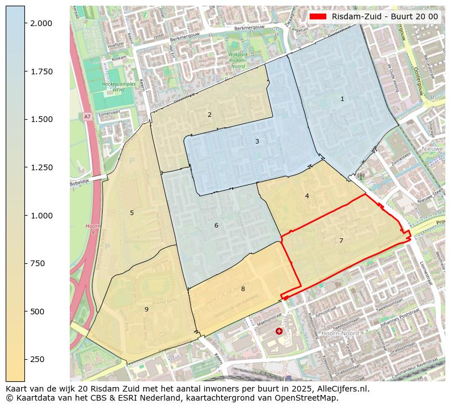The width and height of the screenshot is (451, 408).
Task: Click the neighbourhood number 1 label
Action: (x=342, y=99)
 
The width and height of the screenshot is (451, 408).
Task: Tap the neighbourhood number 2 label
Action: (x=209, y=115)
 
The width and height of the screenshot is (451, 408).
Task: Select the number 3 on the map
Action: (x=257, y=141)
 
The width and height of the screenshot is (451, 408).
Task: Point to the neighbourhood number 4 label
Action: (x=307, y=196)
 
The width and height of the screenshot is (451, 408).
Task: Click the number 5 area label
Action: (x=132, y=213)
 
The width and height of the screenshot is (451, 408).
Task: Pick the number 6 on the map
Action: (x=216, y=225)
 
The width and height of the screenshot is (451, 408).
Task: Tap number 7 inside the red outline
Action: (x=341, y=241)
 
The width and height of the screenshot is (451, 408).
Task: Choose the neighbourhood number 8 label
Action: (x=243, y=289)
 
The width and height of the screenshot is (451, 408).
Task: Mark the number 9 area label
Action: (x=146, y=309)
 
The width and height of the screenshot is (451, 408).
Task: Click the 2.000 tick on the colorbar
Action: (x=41, y=23)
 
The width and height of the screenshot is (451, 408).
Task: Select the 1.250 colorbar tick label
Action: (x=41, y=167)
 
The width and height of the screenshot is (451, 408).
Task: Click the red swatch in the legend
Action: (x=318, y=16)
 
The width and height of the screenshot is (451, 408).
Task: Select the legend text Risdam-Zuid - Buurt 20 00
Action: (x=385, y=16)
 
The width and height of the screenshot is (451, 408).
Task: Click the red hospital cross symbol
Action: (x=279, y=331)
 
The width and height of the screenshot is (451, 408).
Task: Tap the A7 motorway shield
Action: (x=87, y=116)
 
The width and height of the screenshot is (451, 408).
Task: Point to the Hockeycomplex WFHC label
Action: (x=117, y=86)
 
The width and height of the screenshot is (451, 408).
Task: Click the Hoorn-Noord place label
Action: (x=340, y=333)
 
